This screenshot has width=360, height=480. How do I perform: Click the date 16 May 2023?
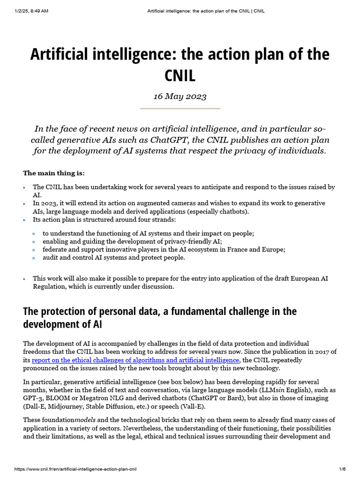point(180,97)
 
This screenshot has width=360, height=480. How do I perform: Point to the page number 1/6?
point(342,469)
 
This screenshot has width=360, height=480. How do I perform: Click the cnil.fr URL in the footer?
point(76,469)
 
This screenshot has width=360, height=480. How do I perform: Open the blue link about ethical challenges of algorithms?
point(135,360)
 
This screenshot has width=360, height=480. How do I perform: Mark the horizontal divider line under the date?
point(180,109)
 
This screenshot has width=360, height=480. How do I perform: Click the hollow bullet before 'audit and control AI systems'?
point(34,258)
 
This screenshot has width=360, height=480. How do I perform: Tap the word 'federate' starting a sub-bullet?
point(56,249)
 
